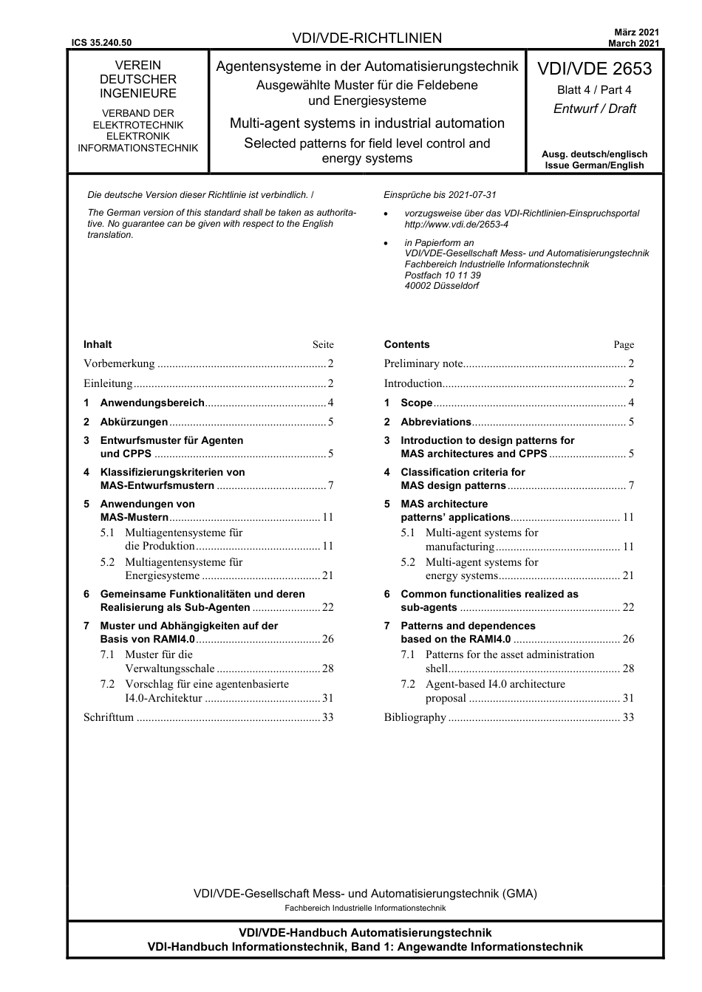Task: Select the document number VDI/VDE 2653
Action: point(594,69)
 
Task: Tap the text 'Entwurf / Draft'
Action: point(594,109)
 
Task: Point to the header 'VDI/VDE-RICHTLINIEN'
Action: point(367,38)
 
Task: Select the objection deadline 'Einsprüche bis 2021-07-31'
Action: point(440,195)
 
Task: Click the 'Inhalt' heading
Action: point(98,344)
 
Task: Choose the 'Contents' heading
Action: point(406,344)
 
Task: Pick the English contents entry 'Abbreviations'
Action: point(435,422)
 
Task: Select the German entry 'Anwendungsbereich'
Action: point(152,403)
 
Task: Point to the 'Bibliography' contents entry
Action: point(415,717)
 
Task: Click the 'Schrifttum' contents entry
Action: point(109,717)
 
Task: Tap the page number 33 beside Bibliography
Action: point(628,717)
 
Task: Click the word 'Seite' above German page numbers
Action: point(323,345)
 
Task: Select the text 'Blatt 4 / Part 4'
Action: point(594,90)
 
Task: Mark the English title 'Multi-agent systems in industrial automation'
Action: point(367,123)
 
